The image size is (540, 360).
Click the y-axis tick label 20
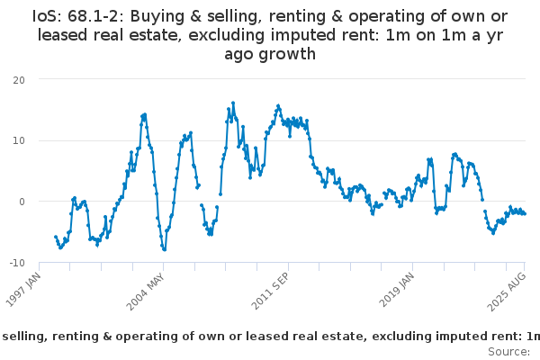click(x=19, y=80)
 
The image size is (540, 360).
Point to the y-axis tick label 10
click(x=19, y=140)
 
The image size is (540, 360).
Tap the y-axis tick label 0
click(x=22, y=202)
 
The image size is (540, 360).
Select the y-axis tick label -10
click(x=17, y=263)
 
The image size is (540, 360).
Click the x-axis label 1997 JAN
click(x=23, y=290)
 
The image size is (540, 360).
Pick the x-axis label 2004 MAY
click(x=145, y=292)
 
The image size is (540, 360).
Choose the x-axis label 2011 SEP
click(x=270, y=291)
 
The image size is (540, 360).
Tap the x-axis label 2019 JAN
click(x=397, y=290)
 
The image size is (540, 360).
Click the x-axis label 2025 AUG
click(x=507, y=292)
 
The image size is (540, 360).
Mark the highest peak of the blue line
click(x=233, y=103)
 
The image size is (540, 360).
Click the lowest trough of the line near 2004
click(x=165, y=249)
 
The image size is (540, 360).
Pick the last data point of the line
click(x=525, y=214)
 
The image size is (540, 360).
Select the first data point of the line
click(x=56, y=237)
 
